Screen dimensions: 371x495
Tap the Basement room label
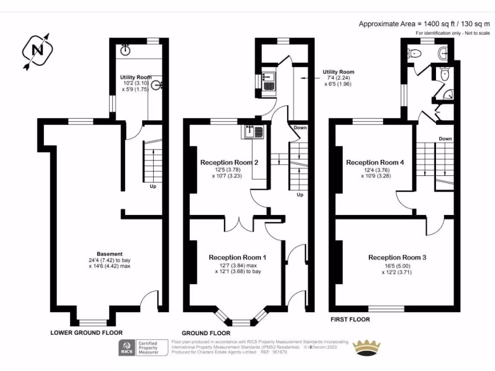click(110, 254)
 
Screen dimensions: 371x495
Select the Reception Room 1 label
click(237, 257)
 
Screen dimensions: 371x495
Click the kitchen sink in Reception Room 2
click(253, 131)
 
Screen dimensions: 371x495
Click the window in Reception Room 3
click(387, 308)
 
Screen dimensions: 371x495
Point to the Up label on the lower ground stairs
click(152, 186)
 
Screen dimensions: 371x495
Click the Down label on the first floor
click(445, 139)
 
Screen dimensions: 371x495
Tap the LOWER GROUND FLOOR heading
click(87, 332)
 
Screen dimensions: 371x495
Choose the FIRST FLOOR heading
click(350, 319)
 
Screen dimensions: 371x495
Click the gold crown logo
click(369, 347)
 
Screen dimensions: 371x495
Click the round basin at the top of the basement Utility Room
click(127, 49)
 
